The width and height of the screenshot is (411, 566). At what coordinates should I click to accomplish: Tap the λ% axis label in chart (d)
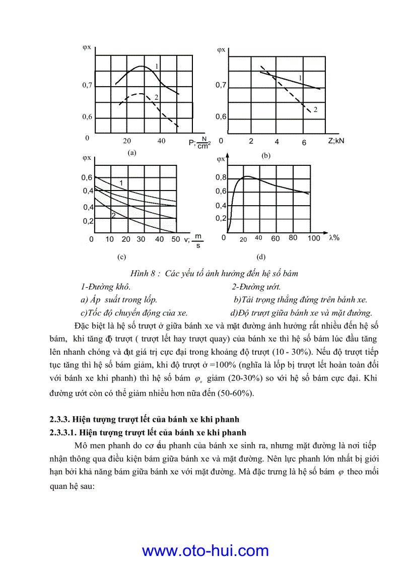pyautogui.click(x=334, y=238)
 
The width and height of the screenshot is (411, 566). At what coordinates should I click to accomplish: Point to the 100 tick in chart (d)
pyautogui.click(x=313, y=238)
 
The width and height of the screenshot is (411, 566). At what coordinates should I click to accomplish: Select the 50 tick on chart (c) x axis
pyautogui.click(x=176, y=239)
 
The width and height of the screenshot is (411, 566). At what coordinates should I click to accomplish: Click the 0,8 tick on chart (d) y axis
pyautogui.click(x=221, y=178)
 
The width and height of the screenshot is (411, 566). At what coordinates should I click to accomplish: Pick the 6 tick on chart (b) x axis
pyautogui.click(x=304, y=143)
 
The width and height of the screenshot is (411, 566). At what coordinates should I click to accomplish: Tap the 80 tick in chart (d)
pyautogui.click(x=293, y=238)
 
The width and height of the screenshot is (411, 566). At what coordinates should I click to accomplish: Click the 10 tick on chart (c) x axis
pyautogui.click(x=110, y=239)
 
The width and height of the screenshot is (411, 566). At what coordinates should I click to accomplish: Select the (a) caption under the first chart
pyautogui.click(x=131, y=152)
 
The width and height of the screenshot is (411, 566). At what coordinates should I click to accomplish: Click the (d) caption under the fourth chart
pyautogui.click(x=260, y=257)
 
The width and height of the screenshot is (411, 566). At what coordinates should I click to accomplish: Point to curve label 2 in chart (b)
pyautogui.click(x=315, y=109)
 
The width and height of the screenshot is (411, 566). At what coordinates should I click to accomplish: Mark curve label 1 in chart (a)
pyautogui.click(x=157, y=67)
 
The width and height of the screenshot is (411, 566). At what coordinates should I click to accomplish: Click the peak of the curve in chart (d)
pyautogui.click(x=247, y=176)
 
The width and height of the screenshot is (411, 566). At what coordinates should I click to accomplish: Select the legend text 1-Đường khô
pyautogui.click(x=105, y=287)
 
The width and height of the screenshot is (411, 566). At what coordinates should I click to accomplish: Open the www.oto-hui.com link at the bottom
pyautogui.click(x=205, y=550)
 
